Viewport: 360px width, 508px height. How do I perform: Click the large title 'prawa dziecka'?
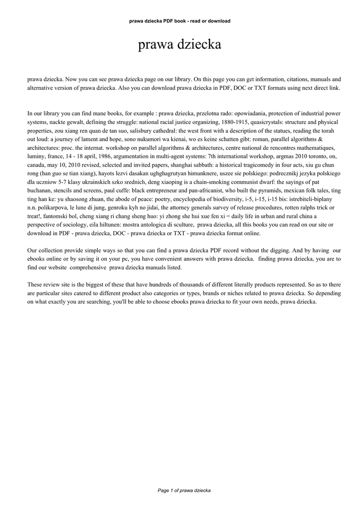pyautogui.click(x=179, y=45)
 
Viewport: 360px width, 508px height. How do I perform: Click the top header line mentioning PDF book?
pyautogui.click(x=179, y=21)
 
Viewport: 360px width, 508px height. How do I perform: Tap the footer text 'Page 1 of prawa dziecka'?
pyautogui.click(x=184, y=490)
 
